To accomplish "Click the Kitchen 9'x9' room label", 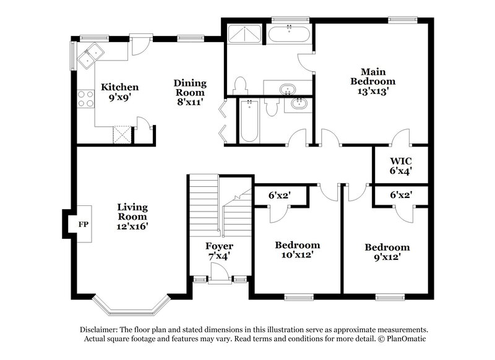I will [119, 92].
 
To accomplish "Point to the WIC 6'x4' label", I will [400, 165].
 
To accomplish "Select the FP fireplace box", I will [82, 223].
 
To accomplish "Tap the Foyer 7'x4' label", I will [219, 251].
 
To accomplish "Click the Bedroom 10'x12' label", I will [297, 250].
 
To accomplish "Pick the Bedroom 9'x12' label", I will [387, 252].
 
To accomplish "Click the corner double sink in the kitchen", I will [90, 56].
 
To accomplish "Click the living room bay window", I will [131, 306].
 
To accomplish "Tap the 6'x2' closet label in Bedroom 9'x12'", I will [400, 195].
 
